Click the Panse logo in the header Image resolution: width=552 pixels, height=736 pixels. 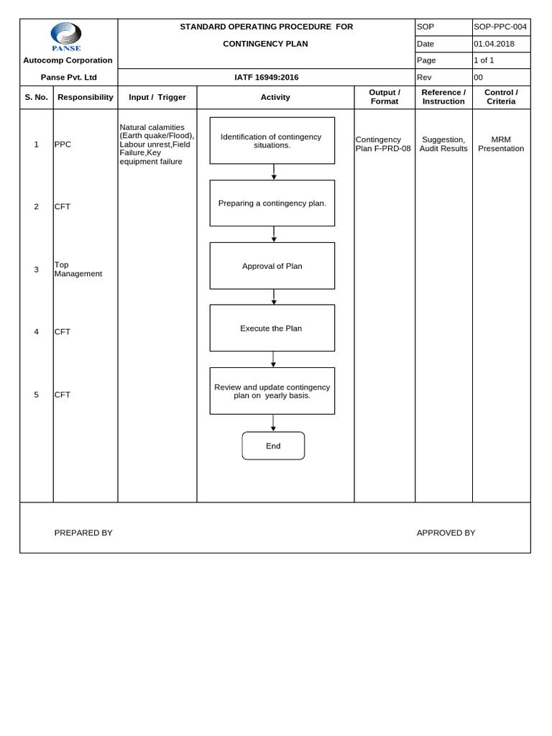click(x=66, y=37)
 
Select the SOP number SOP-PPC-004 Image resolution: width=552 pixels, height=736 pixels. click(x=500, y=27)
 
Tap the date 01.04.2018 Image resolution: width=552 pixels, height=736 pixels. click(x=494, y=44)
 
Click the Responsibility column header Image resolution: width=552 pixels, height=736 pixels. click(x=86, y=97)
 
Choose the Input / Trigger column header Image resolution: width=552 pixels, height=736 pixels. click(x=157, y=97)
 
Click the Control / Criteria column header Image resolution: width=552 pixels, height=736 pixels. click(x=501, y=97)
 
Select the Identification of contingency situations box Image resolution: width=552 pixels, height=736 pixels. click(x=272, y=140)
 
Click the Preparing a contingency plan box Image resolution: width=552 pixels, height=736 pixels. click(x=272, y=203)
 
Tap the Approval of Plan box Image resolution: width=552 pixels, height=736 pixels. click(x=272, y=266)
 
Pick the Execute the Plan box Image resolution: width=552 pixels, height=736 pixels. click(x=272, y=328)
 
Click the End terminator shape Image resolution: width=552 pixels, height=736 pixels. click(x=273, y=446)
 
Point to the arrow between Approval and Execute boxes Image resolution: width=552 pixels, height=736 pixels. click(x=273, y=297)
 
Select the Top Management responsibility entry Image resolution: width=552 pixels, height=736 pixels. click(x=78, y=269)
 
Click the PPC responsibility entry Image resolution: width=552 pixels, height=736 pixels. click(x=63, y=144)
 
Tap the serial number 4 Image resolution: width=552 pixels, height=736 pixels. click(x=36, y=331)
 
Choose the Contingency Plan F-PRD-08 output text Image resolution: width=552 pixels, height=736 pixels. click(x=383, y=144)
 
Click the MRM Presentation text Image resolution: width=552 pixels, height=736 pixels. click(x=501, y=144)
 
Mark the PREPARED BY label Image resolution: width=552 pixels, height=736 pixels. click(x=83, y=533)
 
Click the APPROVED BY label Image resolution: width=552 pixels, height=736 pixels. click(x=446, y=533)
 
